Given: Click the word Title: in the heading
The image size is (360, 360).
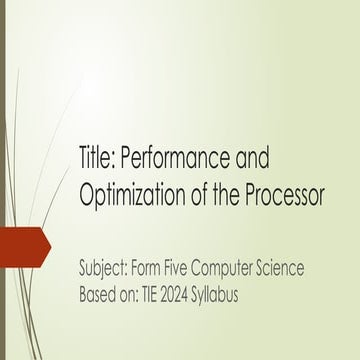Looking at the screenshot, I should click(100, 160).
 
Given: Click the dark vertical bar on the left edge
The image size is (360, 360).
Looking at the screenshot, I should click(2, 180).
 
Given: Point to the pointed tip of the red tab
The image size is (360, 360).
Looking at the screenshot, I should click(50, 241).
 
